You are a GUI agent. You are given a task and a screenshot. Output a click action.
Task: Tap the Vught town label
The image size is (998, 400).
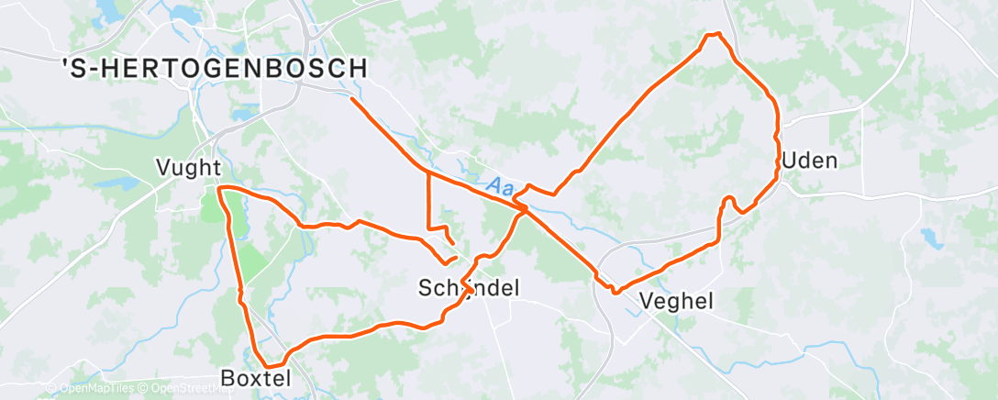189,168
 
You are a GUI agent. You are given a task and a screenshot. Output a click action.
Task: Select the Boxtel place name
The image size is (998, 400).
256,378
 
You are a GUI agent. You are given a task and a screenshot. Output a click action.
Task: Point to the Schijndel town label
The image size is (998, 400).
469,288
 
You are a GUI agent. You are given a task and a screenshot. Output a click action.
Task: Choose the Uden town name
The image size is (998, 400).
810,161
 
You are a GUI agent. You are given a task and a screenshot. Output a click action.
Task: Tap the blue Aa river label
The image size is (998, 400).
500,186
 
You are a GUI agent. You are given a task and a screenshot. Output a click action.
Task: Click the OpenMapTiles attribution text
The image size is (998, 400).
95,389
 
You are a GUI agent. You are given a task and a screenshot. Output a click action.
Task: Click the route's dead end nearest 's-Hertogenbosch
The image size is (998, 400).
352,99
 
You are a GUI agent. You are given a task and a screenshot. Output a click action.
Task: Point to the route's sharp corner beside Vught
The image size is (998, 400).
220,188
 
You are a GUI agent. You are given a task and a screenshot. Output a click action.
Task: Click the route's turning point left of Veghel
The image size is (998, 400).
613,291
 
